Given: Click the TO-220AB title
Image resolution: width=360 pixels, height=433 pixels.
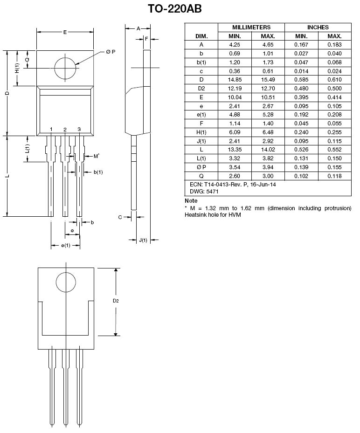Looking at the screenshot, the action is pos(174,8).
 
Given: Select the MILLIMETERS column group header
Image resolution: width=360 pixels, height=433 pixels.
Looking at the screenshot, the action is pos(251,27).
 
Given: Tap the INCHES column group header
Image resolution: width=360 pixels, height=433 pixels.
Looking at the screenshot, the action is pos(318,27).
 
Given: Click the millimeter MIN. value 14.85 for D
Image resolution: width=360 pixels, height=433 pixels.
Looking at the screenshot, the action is pos(235,80).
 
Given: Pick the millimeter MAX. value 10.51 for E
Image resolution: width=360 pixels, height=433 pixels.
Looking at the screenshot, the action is pos(268,97).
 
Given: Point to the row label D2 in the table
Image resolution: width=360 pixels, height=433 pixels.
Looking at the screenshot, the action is pos(201,89).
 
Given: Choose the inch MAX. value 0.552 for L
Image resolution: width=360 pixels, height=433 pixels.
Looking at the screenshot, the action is pos(334,150).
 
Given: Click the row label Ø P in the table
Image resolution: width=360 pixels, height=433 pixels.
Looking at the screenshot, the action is pos(201,167).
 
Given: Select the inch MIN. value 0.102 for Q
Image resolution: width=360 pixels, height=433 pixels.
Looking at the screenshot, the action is pos(301,176).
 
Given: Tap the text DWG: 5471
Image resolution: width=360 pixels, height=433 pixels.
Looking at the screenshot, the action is pos(204,192).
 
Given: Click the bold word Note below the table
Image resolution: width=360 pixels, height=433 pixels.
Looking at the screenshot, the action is pos(191,200).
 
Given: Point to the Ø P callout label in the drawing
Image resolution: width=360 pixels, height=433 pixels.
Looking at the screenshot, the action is pos(111,52).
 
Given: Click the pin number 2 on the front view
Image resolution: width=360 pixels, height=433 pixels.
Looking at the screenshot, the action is pos(65,130).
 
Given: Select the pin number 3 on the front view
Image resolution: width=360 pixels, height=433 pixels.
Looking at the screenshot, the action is pos(79,129).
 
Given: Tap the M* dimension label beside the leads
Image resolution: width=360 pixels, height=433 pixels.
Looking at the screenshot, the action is pos(97,156).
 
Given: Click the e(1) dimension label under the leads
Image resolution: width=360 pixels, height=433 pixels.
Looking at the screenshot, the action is pos(66,245).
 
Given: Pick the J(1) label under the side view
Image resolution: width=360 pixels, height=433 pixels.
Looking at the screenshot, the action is pos(143,240).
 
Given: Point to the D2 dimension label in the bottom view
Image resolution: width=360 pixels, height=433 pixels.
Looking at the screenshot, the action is pos(116,301).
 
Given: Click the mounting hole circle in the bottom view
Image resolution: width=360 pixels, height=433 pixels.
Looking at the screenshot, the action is pos(66,272).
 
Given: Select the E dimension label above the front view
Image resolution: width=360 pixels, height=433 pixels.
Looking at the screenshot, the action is pos(65,32).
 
